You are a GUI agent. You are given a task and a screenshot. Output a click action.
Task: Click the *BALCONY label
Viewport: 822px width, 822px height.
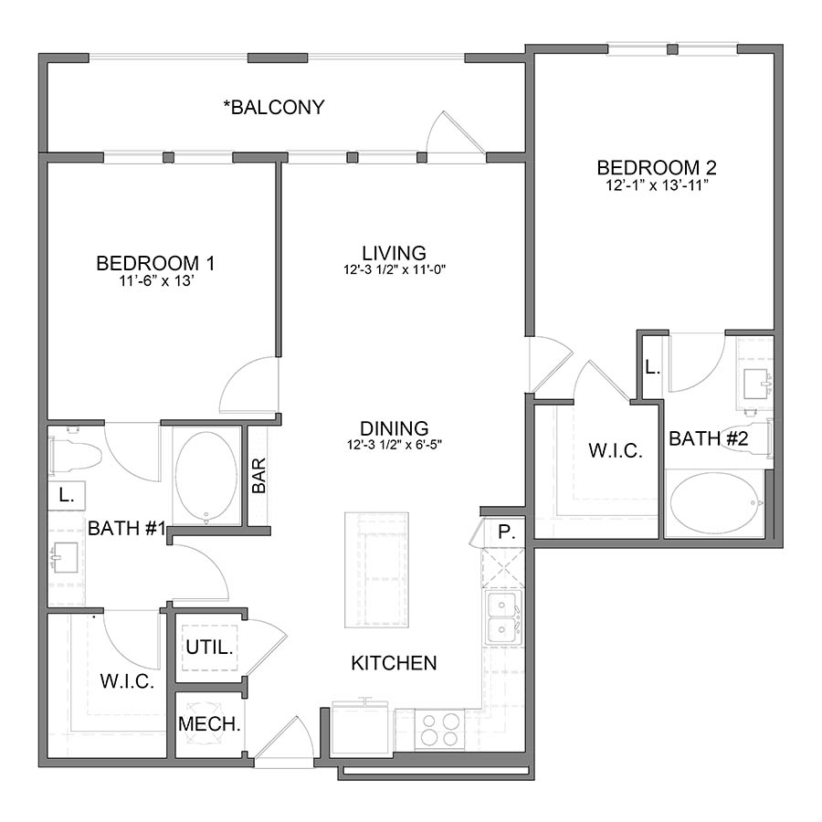click(274, 108)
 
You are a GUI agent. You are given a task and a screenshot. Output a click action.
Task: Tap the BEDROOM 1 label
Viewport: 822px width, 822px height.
click(155, 264)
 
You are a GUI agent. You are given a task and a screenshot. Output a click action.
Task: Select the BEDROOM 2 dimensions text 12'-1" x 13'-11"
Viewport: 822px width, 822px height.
click(656, 185)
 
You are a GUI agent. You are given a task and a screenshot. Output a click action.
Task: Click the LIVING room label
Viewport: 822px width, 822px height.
click(394, 252)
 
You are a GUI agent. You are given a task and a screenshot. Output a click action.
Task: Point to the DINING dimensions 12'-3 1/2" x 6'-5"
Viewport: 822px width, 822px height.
click(394, 446)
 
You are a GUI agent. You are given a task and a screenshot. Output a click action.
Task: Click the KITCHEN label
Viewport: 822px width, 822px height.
click(394, 663)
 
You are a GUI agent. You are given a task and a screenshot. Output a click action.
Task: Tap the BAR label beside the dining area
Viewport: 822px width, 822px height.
click(258, 476)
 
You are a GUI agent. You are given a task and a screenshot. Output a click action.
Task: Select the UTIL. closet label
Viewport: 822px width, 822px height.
click(210, 648)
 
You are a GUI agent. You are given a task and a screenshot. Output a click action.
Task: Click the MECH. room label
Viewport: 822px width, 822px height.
click(210, 724)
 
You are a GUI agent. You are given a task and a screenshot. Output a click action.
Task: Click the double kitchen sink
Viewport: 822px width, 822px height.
click(501, 617)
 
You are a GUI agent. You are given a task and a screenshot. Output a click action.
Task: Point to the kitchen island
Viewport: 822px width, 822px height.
click(376, 570)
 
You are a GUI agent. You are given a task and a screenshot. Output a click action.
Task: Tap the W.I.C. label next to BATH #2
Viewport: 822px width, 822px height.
click(615, 451)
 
